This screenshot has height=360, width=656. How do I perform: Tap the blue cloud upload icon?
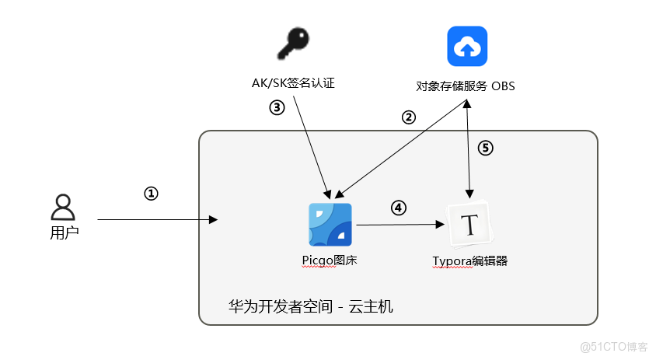click(x=466, y=47)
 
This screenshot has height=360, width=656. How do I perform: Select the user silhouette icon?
click(x=62, y=208)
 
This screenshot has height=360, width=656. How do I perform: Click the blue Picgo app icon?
click(x=330, y=225)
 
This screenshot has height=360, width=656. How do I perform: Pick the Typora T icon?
click(x=469, y=225)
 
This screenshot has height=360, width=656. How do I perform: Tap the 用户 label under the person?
click(x=64, y=232)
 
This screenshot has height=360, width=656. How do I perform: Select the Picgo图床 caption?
click(x=330, y=261)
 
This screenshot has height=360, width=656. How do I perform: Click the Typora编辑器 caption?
click(x=469, y=261)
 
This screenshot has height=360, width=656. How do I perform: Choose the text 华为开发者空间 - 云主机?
click(x=311, y=306)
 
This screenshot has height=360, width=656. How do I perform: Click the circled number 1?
click(x=152, y=194)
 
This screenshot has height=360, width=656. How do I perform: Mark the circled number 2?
click(x=408, y=117)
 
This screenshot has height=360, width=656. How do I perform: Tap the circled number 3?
click(x=277, y=107)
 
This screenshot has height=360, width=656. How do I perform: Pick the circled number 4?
click(x=398, y=208)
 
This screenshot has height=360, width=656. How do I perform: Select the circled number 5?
click(x=485, y=148)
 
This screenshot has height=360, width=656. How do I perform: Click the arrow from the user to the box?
click(x=155, y=220)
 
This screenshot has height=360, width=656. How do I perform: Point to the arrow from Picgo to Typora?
click(x=400, y=225)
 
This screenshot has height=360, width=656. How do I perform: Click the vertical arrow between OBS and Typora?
click(x=468, y=152)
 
